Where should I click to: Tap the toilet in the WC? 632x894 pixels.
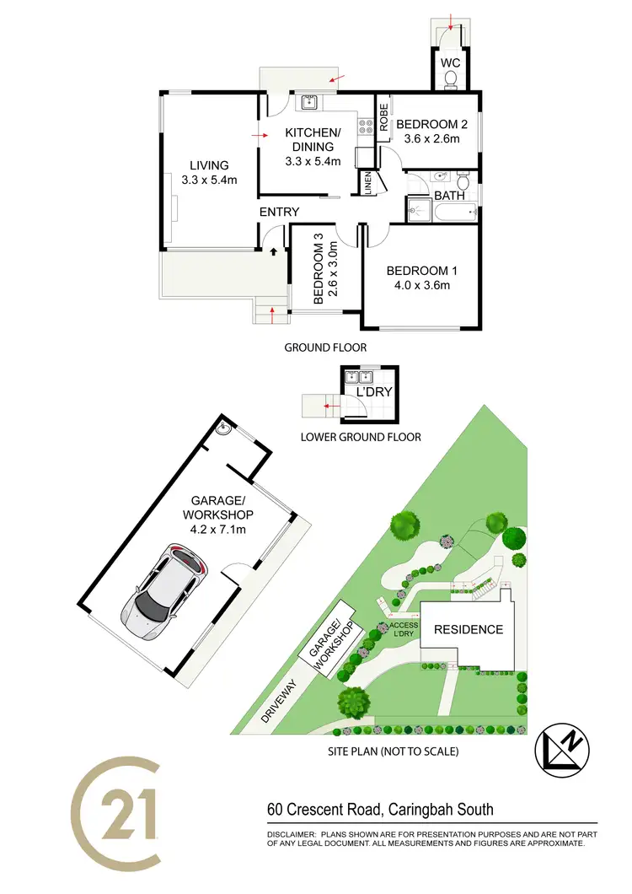[x=450, y=81]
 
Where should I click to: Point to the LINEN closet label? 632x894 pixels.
[x=367, y=183]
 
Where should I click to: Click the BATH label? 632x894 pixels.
[x=449, y=196]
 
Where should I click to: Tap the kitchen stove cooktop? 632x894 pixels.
[x=367, y=127]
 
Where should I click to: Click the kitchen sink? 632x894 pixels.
[x=308, y=103]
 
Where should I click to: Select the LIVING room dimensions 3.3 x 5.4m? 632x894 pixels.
[x=209, y=180]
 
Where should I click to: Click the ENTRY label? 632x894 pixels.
[x=279, y=212]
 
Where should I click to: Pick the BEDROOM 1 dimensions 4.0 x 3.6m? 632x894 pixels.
[x=421, y=285]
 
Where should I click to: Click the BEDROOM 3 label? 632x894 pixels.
[x=319, y=274]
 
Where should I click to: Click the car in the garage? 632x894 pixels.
[x=163, y=595]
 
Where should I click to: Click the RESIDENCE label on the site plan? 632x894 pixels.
[x=468, y=629]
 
